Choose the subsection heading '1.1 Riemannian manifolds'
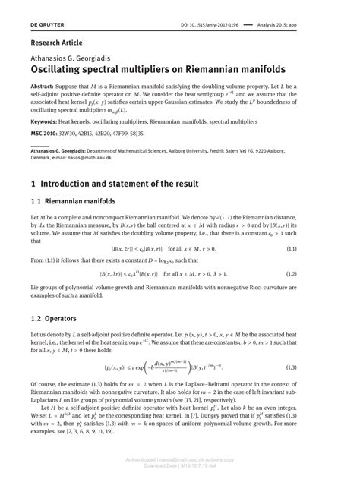point(74,202)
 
